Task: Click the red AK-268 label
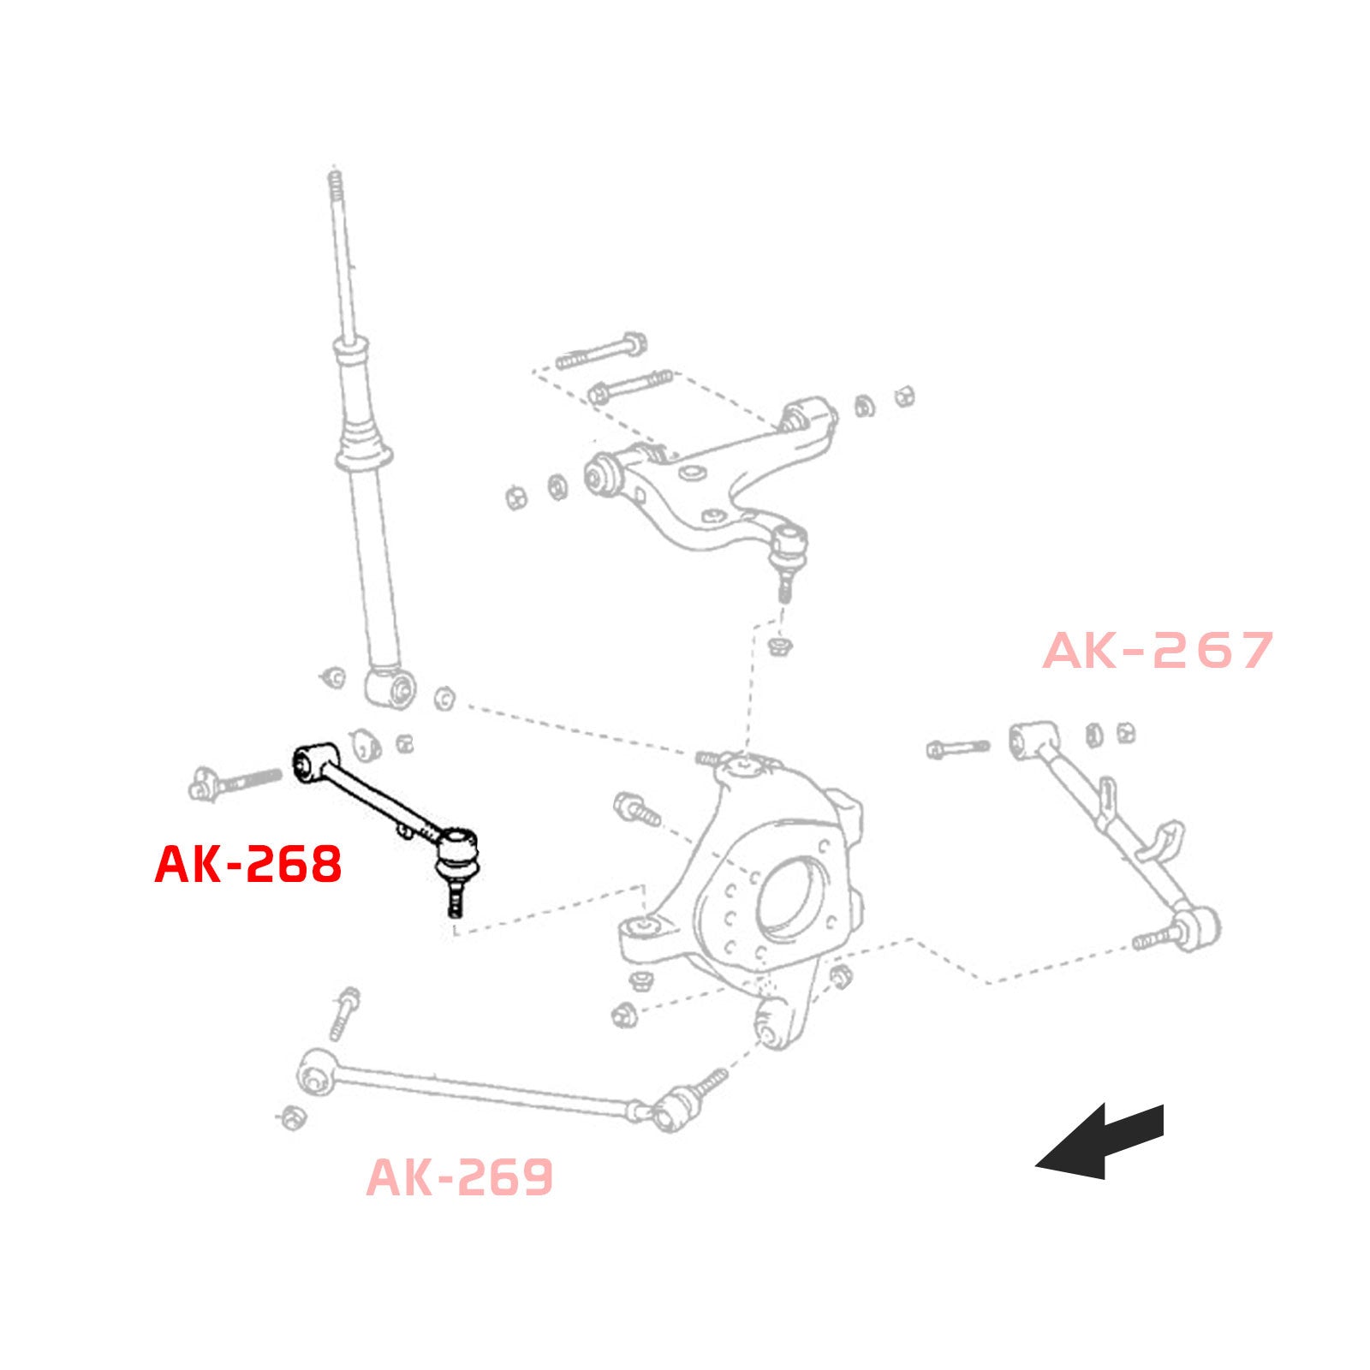tap(248, 864)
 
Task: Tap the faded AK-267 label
tap(1158, 651)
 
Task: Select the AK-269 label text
tap(460, 1177)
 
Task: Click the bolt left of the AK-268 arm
tap(234, 782)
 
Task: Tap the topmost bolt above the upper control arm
tap(601, 351)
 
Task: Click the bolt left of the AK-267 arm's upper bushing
tap(957, 748)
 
